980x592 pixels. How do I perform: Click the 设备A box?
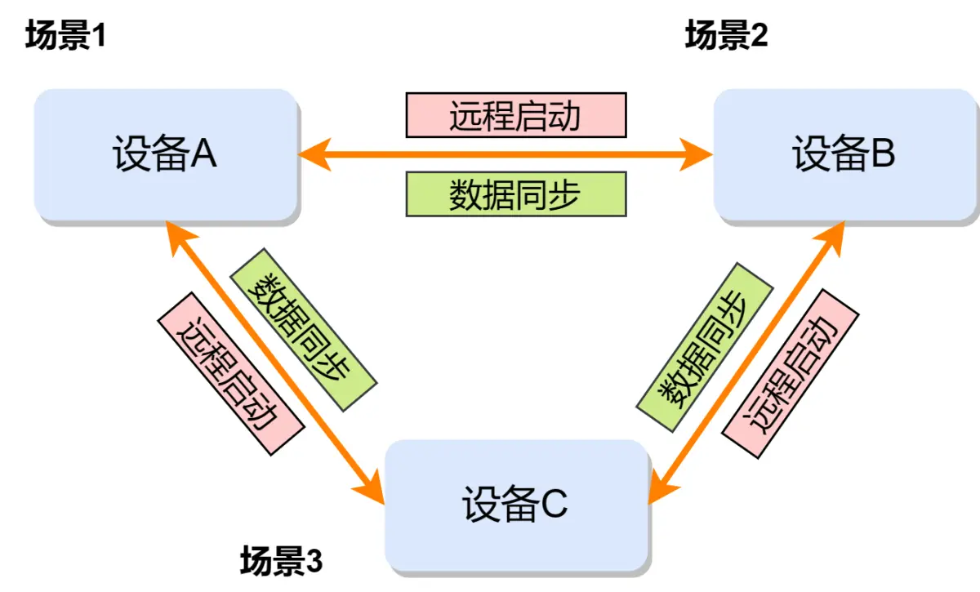click(x=165, y=154)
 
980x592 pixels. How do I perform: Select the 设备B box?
click(x=845, y=154)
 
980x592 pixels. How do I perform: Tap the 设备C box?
click(x=516, y=505)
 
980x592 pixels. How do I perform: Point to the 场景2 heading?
click(x=726, y=36)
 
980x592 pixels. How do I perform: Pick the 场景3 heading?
click(x=282, y=562)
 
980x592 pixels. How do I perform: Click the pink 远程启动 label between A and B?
click(x=515, y=115)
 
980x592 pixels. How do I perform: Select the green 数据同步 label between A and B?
click(x=515, y=194)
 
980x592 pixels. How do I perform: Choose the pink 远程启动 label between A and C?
click(x=229, y=373)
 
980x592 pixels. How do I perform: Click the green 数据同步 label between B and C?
click(x=704, y=348)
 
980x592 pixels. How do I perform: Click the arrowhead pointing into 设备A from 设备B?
click(x=314, y=154)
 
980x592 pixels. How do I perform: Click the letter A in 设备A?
click(x=203, y=154)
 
